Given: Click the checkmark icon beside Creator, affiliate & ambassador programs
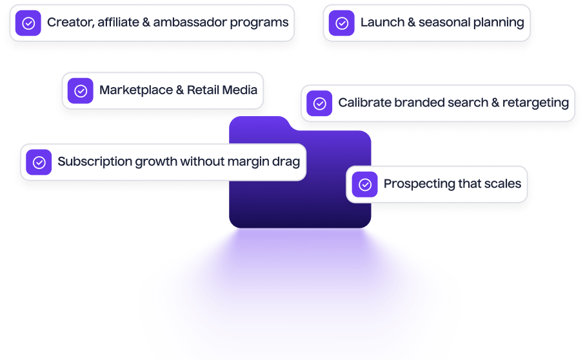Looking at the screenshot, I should pyautogui.click(x=28, y=23).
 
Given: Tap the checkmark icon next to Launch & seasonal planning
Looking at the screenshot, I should pyautogui.click(x=342, y=23).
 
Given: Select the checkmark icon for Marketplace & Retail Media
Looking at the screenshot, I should pyautogui.click(x=81, y=91).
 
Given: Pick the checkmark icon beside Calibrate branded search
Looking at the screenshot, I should pyautogui.click(x=319, y=103).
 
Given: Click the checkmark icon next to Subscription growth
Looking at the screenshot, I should pyautogui.click(x=39, y=162).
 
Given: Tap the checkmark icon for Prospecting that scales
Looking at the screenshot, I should pyautogui.click(x=365, y=185).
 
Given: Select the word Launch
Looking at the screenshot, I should pyautogui.click(x=382, y=23).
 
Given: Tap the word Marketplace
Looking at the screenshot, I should pyautogui.click(x=135, y=90).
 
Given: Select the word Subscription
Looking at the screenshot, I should pyautogui.click(x=94, y=161).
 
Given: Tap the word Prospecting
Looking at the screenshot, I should pyautogui.click(x=419, y=184).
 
